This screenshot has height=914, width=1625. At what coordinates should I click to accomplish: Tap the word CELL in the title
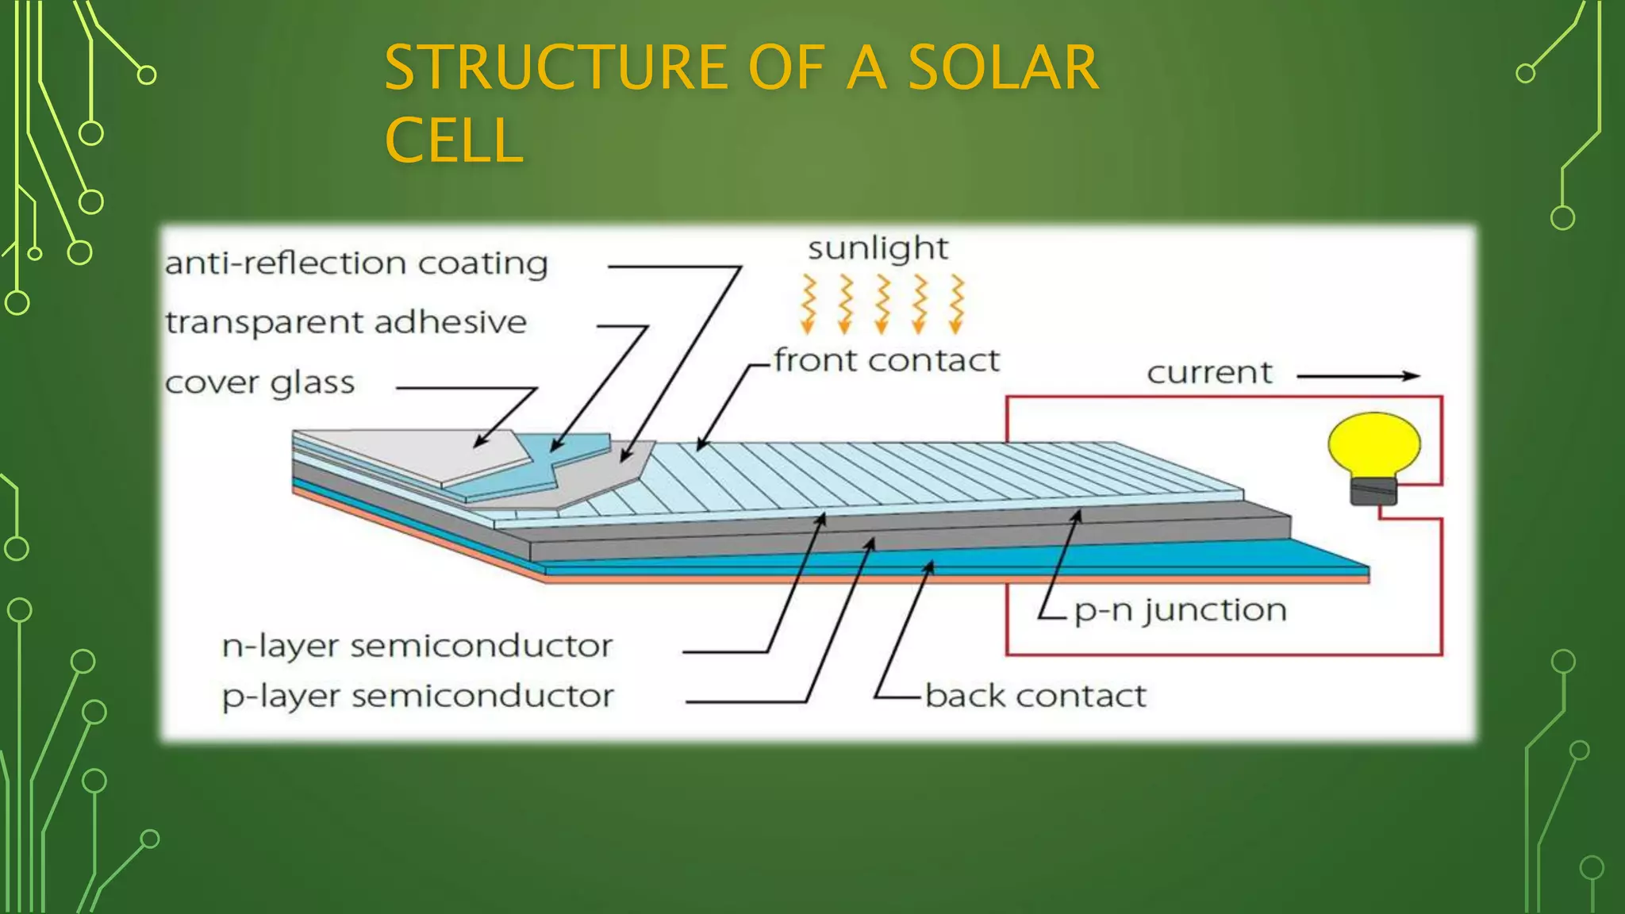(454, 141)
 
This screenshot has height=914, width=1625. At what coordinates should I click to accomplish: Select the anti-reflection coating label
(356, 263)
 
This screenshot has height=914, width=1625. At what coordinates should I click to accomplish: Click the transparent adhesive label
(346, 323)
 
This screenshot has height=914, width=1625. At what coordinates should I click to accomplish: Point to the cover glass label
(259, 383)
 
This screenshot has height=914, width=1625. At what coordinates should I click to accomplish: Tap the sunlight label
(878, 249)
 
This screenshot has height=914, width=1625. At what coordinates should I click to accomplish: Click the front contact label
(886, 361)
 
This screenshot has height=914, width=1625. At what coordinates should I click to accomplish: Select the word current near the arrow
(1209, 373)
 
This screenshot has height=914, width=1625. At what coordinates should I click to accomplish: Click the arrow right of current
(1358, 376)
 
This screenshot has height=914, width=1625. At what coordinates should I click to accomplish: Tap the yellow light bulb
(1374, 445)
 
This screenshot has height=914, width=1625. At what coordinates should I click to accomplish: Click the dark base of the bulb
(1373, 491)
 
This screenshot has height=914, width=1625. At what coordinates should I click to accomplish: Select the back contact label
(1035, 697)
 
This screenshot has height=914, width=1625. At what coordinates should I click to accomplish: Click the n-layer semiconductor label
(417, 647)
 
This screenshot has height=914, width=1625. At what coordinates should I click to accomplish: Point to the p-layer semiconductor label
(417, 697)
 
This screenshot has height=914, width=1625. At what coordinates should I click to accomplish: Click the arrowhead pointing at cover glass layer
(480, 443)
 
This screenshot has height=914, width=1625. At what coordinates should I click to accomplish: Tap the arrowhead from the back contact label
(931, 566)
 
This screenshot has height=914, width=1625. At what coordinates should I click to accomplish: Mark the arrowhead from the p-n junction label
(1078, 516)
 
